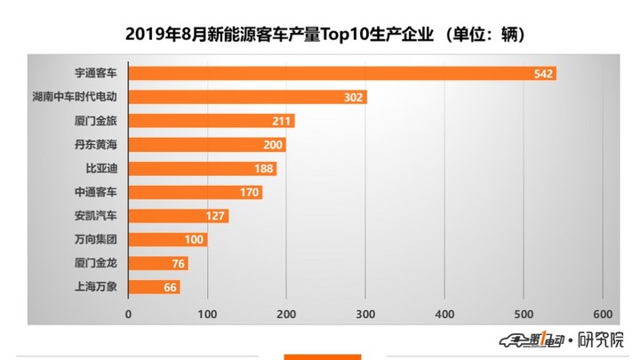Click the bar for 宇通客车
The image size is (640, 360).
(342, 73)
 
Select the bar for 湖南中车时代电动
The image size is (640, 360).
(248, 97)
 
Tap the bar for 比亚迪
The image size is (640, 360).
(203, 168)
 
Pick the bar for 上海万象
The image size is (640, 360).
(155, 287)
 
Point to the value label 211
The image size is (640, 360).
(283, 121)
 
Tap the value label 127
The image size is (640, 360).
(217, 216)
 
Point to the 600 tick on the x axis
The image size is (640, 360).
(602, 314)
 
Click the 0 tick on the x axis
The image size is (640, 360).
(129, 314)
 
